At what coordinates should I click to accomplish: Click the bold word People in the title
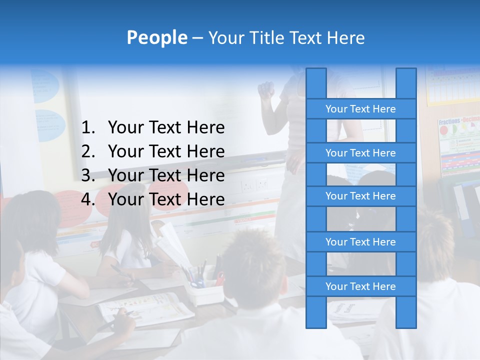point(157,37)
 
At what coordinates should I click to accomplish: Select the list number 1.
point(87,128)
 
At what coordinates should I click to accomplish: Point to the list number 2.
point(87,151)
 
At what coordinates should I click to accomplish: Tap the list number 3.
point(87,175)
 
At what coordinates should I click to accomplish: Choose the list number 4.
point(87,199)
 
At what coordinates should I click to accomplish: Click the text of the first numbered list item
point(166,128)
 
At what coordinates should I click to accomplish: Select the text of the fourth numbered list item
point(166,199)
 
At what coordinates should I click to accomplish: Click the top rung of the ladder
point(360,109)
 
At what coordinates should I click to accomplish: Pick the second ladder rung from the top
point(360,153)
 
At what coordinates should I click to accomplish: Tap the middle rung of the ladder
point(360,196)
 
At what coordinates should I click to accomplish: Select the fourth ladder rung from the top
point(360,242)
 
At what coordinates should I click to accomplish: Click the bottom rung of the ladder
point(360,286)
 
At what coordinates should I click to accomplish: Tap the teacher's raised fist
point(266,90)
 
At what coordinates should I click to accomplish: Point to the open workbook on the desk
point(145,306)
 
